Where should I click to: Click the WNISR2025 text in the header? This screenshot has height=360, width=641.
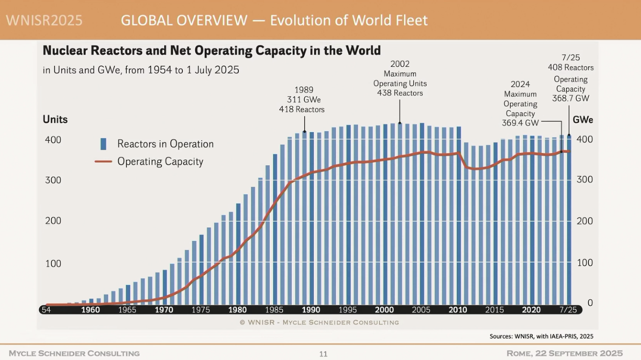[44, 20]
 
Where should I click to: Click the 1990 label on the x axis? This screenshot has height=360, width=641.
[311, 310]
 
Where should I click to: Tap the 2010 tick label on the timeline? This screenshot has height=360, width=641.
[458, 310]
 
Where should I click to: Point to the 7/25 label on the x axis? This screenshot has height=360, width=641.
[568, 310]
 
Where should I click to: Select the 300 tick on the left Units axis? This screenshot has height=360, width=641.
[53, 180]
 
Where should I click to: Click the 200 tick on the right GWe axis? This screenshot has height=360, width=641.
[585, 221]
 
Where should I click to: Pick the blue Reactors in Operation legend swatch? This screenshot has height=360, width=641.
[103, 144]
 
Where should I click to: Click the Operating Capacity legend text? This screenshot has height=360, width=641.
[160, 161]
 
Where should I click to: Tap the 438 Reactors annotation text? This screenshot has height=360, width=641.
[400, 93]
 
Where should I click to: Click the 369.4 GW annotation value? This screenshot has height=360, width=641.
[520, 123]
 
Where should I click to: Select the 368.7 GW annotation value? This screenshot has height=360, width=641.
[570, 98]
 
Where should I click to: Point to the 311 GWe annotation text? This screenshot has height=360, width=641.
[304, 100]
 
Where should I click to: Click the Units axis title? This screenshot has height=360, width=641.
[55, 120]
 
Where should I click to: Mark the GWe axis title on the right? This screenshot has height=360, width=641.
[583, 120]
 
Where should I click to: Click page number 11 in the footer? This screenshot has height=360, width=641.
[323, 354]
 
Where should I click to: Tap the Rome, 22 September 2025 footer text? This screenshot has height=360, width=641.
[565, 353]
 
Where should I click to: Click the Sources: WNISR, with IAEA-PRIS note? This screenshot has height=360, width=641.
[541, 336]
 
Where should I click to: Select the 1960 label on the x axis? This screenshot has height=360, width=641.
[90, 310]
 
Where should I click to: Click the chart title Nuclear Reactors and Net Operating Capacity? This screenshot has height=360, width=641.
[211, 51]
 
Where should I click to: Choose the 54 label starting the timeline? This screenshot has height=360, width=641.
[46, 310]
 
